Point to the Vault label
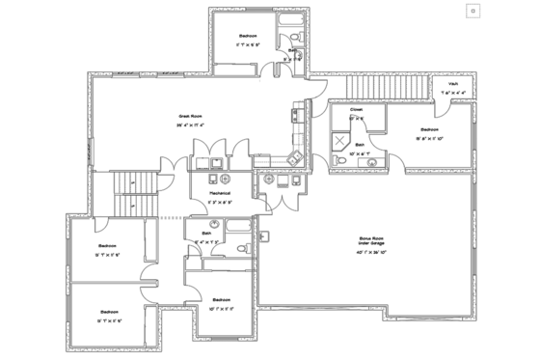[x=451, y=84]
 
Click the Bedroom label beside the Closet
[x=429, y=128]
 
